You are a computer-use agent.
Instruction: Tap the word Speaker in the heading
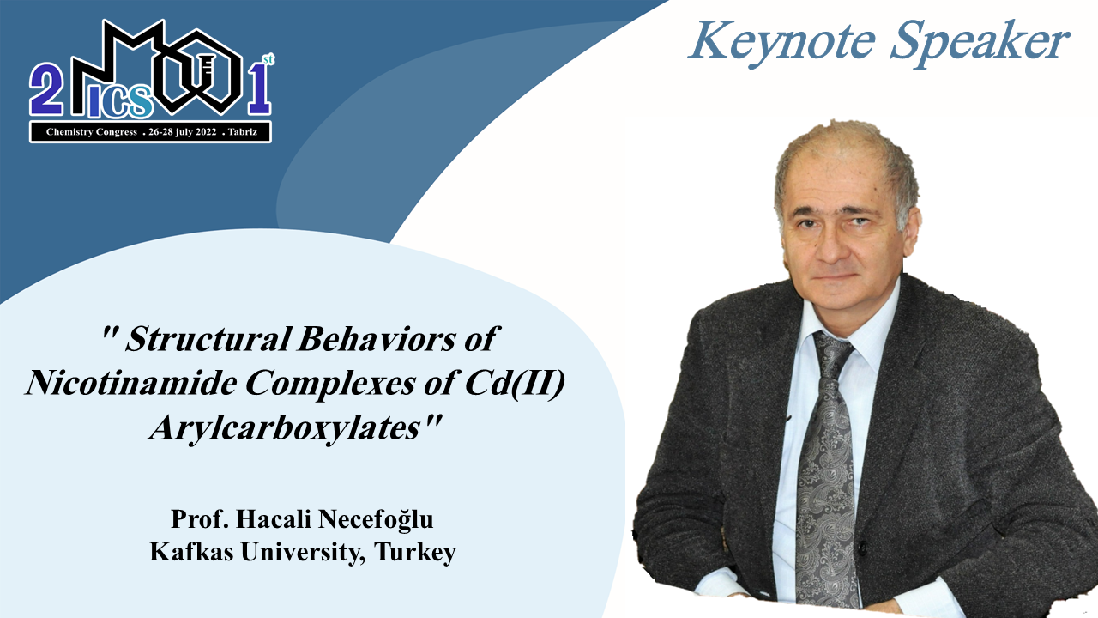pyautogui.click(x=980, y=43)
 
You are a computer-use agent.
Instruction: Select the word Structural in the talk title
pyautogui.click(x=208, y=339)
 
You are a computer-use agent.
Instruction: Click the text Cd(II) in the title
pyautogui.click(x=515, y=384)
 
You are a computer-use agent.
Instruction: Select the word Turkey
pyautogui.click(x=414, y=553)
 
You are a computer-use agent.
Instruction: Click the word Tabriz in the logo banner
pyautogui.click(x=243, y=132)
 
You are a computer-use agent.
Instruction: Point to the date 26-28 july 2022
pyautogui.click(x=183, y=132)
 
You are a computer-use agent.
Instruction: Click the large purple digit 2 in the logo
pyautogui.click(x=46, y=89)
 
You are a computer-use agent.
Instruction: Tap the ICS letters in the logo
pyautogui.click(x=119, y=101)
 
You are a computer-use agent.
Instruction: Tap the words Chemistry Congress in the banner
pyautogui.click(x=92, y=132)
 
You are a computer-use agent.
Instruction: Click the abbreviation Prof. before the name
pyautogui.click(x=200, y=519)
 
